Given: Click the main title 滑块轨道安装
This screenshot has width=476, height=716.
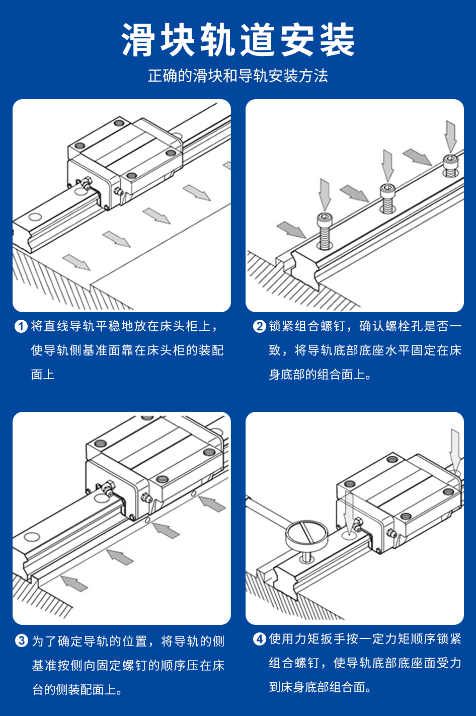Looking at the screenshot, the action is coord(238,40).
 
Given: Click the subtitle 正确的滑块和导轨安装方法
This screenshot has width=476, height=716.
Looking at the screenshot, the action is coord(238,76).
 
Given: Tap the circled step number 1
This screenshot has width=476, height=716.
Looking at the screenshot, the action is coord(21,326).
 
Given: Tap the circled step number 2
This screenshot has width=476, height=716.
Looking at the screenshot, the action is coord(260,326).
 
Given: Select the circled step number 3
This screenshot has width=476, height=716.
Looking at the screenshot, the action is coord(22,640).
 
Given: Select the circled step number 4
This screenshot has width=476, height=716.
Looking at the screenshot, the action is coord(260,639).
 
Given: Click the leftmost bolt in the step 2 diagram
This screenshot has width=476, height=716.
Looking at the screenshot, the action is coord(325,231).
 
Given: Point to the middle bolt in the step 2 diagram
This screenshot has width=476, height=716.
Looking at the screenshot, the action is coord(387,198).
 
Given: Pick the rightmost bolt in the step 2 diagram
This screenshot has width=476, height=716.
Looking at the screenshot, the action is coord(451,165).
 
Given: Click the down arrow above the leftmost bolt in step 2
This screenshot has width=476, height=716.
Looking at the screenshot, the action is coord(325,195).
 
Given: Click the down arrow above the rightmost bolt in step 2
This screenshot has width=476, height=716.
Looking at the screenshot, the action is coord(451,136).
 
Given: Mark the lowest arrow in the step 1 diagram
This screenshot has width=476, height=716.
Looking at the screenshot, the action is coord(76,262).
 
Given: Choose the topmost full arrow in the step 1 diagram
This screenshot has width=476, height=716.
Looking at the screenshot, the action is coord(197,193).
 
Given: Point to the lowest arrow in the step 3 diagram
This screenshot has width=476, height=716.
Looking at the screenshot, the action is coord(74,584).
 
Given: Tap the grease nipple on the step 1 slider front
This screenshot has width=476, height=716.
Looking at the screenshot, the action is coord(84,182).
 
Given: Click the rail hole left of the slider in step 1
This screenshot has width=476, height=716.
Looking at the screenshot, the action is coord(35,217).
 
